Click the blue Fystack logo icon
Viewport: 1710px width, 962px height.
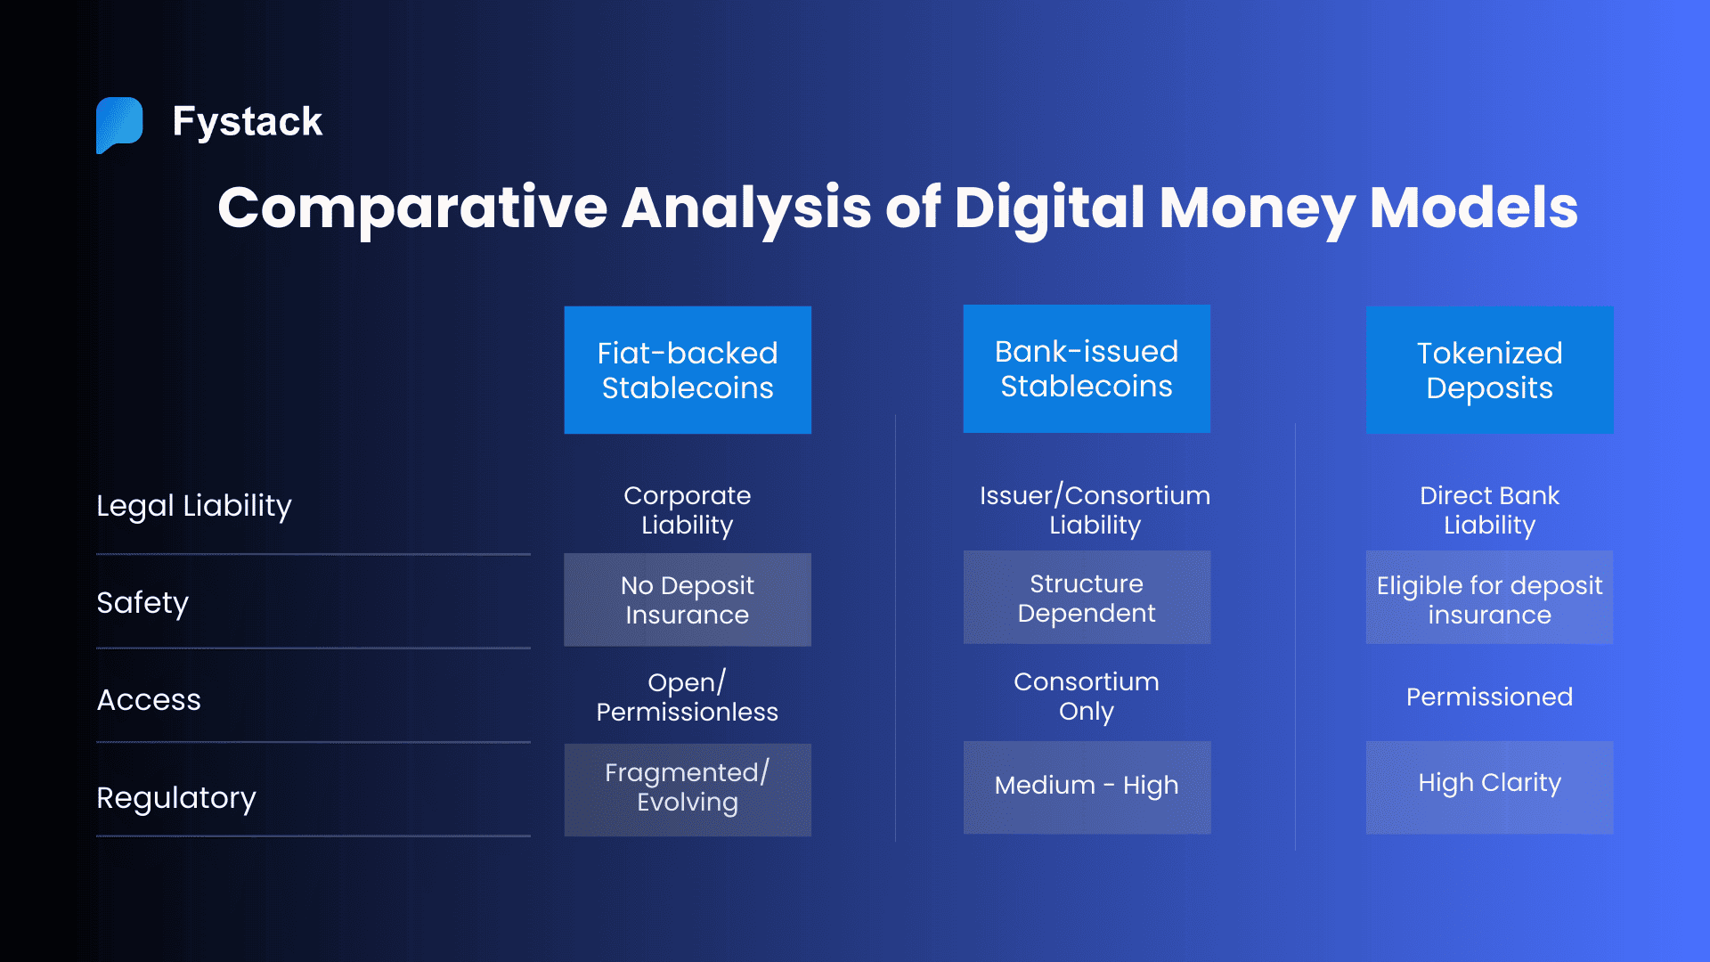click(x=119, y=124)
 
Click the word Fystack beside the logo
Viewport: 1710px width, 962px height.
click(x=247, y=121)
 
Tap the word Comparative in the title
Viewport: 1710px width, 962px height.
click(x=412, y=208)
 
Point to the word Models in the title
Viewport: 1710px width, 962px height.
click(x=1473, y=208)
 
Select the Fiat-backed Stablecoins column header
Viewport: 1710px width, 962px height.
click(x=688, y=371)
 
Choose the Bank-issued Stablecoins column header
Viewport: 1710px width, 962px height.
click(x=1087, y=369)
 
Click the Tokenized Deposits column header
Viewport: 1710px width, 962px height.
click(x=1489, y=371)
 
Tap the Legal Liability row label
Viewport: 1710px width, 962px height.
click(x=194, y=505)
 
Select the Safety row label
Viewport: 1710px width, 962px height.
click(x=142, y=602)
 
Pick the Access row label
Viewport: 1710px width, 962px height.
click(x=149, y=699)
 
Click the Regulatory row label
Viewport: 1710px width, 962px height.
click(x=176, y=797)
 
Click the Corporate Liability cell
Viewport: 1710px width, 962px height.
click(x=688, y=510)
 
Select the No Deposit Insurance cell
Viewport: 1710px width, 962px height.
click(x=688, y=599)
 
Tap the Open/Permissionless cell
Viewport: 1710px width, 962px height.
click(x=688, y=697)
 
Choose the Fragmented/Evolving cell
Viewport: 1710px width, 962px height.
click(x=688, y=787)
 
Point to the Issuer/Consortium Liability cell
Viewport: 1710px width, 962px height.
click(x=1095, y=510)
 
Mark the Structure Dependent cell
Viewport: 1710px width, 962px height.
click(x=1087, y=598)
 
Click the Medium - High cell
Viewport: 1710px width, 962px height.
click(x=1087, y=785)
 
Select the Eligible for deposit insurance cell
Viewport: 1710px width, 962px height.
click(x=1489, y=599)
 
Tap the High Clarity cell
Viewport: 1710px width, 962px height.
click(x=1489, y=783)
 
